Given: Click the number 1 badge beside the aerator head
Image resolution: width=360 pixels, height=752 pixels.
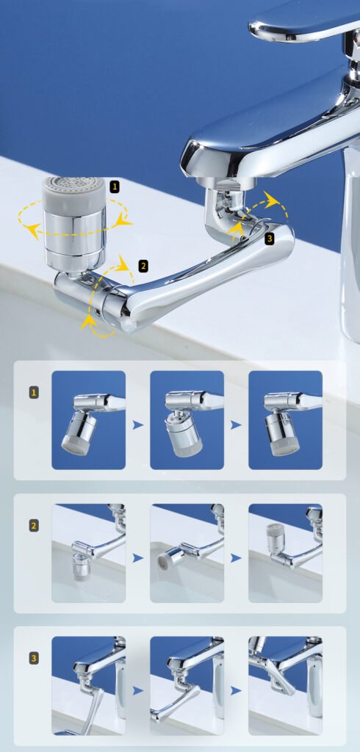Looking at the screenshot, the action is (x=115, y=187).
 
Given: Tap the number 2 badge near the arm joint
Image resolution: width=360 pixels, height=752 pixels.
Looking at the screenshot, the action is (x=143, y=266).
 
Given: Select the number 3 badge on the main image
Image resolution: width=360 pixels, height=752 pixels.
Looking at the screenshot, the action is (x=270, y=239).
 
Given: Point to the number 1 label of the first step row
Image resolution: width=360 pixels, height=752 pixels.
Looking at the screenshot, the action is (x=34, y=393).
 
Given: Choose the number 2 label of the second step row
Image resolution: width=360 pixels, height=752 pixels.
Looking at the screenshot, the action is (x=34, y=525).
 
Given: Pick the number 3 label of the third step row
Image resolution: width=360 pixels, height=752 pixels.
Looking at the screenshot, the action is (x=34, y=659).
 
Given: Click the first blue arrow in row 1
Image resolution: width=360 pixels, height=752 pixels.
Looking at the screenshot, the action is (x=138, y=425).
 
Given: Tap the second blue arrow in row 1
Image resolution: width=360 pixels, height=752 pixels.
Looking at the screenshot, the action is (x=236, y=425).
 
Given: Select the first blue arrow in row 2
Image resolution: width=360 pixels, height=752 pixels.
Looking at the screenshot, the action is (x=138, y=558).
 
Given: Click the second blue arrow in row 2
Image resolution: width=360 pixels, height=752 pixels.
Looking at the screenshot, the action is (x=236, y=558).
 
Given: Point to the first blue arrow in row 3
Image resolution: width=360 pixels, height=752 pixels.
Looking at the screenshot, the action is (x=138, y=690).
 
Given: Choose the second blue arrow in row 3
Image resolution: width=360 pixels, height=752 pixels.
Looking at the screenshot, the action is (x=236, y=690).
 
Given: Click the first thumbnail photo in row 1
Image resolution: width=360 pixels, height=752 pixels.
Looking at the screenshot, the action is (x=89, y=420).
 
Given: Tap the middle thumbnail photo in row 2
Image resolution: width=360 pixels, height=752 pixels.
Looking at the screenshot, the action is (x=187, y=553).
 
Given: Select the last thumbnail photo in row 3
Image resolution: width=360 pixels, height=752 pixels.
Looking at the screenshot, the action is (x=285, y=686).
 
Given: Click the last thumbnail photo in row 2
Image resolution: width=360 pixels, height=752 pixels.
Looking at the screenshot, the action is (x=285, y=553).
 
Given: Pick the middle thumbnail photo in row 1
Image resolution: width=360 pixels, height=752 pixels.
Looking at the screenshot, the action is (x=187, y=420).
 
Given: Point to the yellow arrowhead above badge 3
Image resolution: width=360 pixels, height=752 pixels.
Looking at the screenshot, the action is (x=272, y=200).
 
